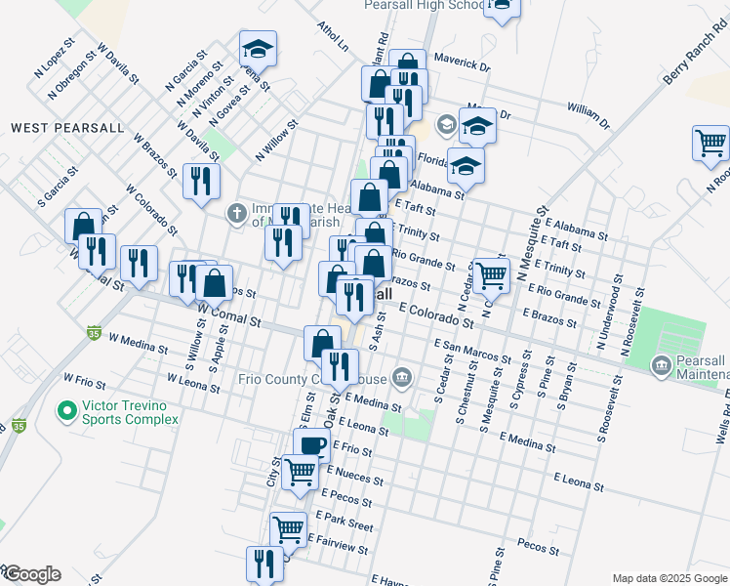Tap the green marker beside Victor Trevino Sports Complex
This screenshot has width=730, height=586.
(x=66, y=411)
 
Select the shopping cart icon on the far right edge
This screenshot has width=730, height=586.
(x=710, y=143)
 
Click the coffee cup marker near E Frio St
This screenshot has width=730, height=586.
(x=312, y=445)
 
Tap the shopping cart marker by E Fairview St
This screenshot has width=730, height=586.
(x=288, y=529)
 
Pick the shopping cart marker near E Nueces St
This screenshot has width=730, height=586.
(x=300, y=471)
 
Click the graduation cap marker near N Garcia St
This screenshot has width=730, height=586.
(x=258, y=47)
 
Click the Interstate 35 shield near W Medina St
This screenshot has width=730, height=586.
(x=94, y=332)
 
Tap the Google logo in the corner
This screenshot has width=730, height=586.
(x=32, y=574)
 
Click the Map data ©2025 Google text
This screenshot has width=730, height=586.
(x=669, y=577)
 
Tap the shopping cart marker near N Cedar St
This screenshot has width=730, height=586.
(x=491, y=274)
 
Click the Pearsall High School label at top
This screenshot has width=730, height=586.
(x=424, y=6)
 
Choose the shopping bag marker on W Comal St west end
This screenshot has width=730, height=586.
(x=84, y=226)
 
